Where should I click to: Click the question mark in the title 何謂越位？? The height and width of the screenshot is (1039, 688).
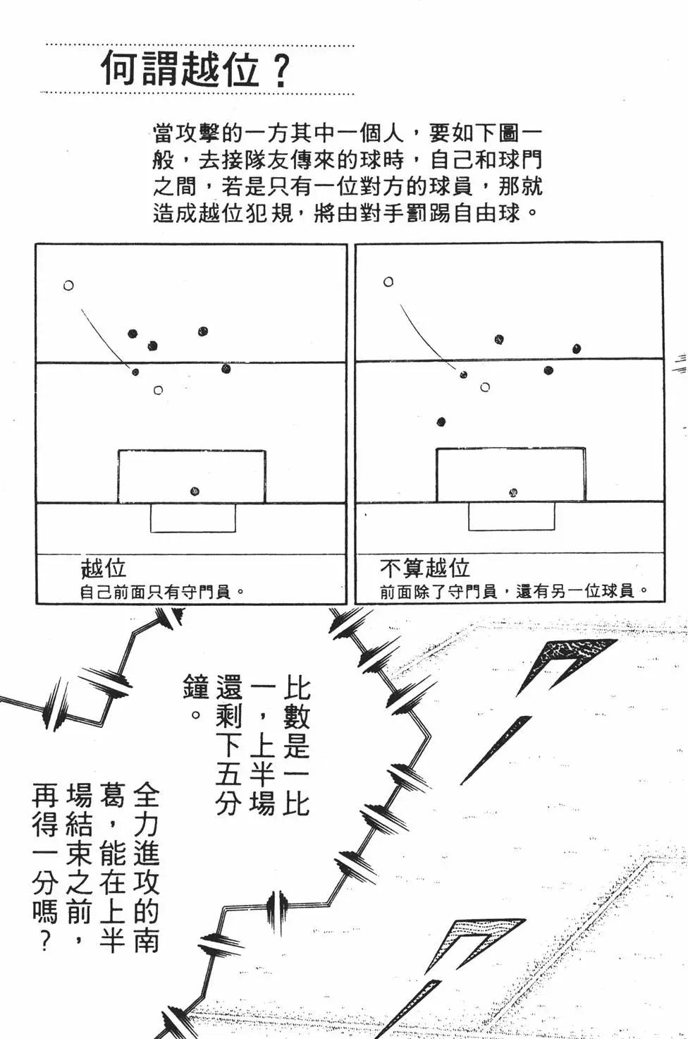click(x=281, y=71)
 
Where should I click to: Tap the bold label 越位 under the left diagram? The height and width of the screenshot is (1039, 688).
click(x=103, y=568)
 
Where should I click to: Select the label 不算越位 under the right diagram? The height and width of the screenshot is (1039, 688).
click(x=424, y=568)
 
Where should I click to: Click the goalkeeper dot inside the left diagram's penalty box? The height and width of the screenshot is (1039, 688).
click(x=195, y=492)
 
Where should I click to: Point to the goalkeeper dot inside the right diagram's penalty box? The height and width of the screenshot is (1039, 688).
click(x=514, y=492)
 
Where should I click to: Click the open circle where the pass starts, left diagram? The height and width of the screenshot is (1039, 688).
click(x=68, y=286)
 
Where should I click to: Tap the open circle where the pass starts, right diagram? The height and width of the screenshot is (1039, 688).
click(x=388, y=282)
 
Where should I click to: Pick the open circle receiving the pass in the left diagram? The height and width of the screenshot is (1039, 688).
click(x=158, y=390)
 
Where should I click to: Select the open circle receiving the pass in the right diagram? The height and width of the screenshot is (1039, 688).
click(x=485, y=387)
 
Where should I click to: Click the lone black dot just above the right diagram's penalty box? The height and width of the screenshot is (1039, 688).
click(x=441, y=423)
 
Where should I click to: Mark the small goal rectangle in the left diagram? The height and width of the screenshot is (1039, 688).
click(x=192, y=518)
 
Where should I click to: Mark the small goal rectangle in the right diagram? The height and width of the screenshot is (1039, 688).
click(x=511, y=517)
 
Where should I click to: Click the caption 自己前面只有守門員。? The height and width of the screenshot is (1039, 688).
click(x=162, y=592)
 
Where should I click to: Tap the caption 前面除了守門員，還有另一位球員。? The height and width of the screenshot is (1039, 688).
click(x=514, y=591)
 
